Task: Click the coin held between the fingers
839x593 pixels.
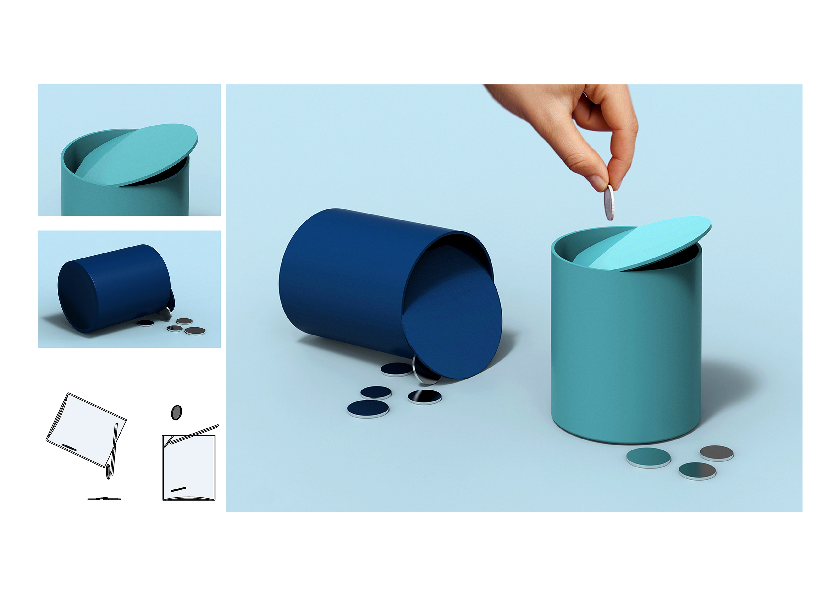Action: pos(609,202)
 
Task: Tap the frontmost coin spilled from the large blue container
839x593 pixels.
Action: pos(368,408)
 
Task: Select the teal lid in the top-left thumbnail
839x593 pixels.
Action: pos(143,154)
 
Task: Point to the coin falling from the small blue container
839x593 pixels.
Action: pos(166,312)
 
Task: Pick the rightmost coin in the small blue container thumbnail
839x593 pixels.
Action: pos(195,331)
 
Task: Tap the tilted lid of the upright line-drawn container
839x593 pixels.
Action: pos(194,434)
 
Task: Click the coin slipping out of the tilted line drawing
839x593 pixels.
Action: pos(109,471)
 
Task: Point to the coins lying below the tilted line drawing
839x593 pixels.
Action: pos(104,498)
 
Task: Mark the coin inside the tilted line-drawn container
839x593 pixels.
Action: pos(69,447)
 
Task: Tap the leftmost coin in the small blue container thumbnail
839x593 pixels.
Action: pos(145,323)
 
